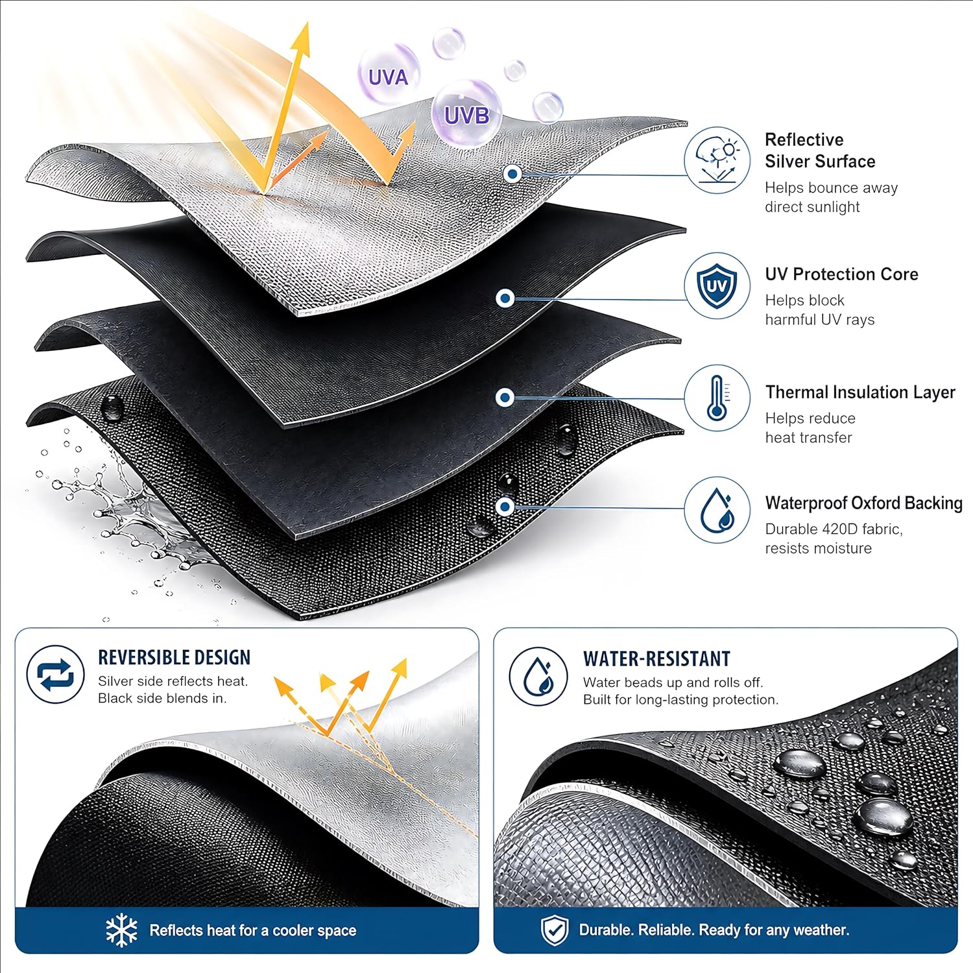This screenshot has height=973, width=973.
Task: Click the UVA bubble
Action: coord(388,75)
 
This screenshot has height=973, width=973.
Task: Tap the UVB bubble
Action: coord(466,114)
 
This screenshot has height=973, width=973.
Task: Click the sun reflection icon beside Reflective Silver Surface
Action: coord(717,160)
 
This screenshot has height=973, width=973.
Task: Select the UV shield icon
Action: coord(717,285)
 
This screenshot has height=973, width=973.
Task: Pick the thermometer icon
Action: coord(717,398)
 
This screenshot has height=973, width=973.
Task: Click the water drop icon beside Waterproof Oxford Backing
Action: coord(717,510)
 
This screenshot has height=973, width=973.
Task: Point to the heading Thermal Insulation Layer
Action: coord(860,392)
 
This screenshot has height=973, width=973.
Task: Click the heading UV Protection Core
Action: coord(841,274)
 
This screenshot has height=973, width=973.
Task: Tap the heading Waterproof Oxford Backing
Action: coord(863,503)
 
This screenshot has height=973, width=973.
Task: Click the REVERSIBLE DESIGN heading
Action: coord(174,657)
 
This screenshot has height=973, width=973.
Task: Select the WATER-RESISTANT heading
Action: coord(656,659)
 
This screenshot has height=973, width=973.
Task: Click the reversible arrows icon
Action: coord(56,675)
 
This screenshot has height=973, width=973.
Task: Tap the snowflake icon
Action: coord(121,930)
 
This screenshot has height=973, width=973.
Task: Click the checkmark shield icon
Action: coord(555,930)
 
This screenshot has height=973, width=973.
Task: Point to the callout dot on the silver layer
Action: coord(513,174)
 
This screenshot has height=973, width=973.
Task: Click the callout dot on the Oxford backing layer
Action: coord(505,507)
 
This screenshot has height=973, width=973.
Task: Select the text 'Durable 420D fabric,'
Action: coord(834,529)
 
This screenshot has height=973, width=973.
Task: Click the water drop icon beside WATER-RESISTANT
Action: coord(538,677)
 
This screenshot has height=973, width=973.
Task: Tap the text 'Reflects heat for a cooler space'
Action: coord(253,931)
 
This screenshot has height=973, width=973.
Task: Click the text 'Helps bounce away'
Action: coord(831,188)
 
